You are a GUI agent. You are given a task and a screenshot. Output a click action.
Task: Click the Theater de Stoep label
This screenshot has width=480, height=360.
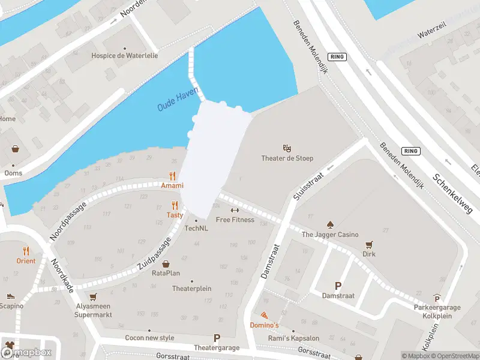287,158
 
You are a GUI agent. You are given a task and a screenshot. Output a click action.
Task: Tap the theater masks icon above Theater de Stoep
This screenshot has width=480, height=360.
287,148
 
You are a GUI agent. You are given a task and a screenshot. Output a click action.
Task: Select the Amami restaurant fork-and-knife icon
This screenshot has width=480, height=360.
172,176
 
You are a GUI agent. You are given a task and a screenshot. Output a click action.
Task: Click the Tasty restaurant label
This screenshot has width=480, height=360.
175,215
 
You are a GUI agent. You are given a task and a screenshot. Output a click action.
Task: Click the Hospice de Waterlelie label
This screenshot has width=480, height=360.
125,56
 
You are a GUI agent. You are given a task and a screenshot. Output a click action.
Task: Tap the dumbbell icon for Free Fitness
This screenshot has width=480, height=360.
235,210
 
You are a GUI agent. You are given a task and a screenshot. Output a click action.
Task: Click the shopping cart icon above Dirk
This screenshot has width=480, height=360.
369,244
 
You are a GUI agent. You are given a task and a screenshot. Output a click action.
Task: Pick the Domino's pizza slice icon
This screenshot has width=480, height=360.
265,315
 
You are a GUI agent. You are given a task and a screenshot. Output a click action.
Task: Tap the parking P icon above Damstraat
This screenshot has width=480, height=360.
338,286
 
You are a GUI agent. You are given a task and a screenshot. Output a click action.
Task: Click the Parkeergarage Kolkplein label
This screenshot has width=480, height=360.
437,308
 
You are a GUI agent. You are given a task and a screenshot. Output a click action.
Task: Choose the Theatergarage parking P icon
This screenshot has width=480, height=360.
217,338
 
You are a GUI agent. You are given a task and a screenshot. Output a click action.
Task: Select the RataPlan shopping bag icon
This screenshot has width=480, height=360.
166,263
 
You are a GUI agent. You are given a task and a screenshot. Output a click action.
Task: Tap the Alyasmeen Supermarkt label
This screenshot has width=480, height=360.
93,310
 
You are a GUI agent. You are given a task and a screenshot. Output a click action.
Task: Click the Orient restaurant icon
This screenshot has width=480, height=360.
26,251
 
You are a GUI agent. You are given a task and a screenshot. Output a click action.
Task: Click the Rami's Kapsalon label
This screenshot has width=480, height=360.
293,338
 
